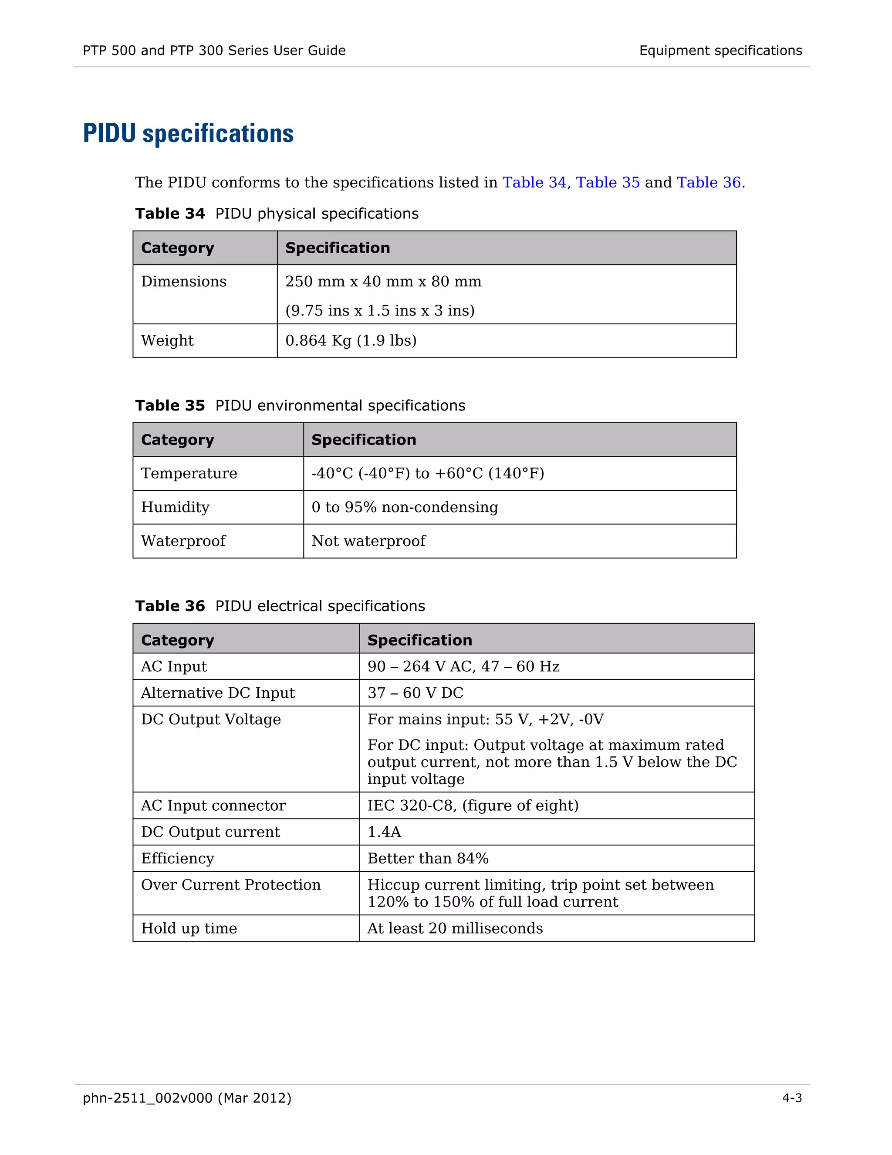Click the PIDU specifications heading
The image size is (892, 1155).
188,133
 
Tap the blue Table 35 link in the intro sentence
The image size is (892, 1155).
607,183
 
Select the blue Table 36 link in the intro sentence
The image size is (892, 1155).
709,183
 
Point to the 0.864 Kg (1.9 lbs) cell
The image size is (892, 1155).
351,340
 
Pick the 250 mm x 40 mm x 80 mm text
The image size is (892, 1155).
383,282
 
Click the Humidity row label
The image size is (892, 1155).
175,507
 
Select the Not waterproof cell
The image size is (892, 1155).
368,541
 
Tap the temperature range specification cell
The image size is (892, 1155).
428,473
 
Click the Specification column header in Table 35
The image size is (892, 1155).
364,439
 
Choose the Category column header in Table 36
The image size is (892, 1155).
178,640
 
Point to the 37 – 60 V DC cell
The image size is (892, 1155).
416,693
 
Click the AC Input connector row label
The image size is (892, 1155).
213,805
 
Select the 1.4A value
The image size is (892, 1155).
384,832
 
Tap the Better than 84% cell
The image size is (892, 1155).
428,858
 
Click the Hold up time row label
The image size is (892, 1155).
189,928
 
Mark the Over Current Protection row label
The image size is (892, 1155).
230,885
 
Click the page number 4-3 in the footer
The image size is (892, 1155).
791,1098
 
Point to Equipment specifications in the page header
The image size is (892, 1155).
720,51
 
